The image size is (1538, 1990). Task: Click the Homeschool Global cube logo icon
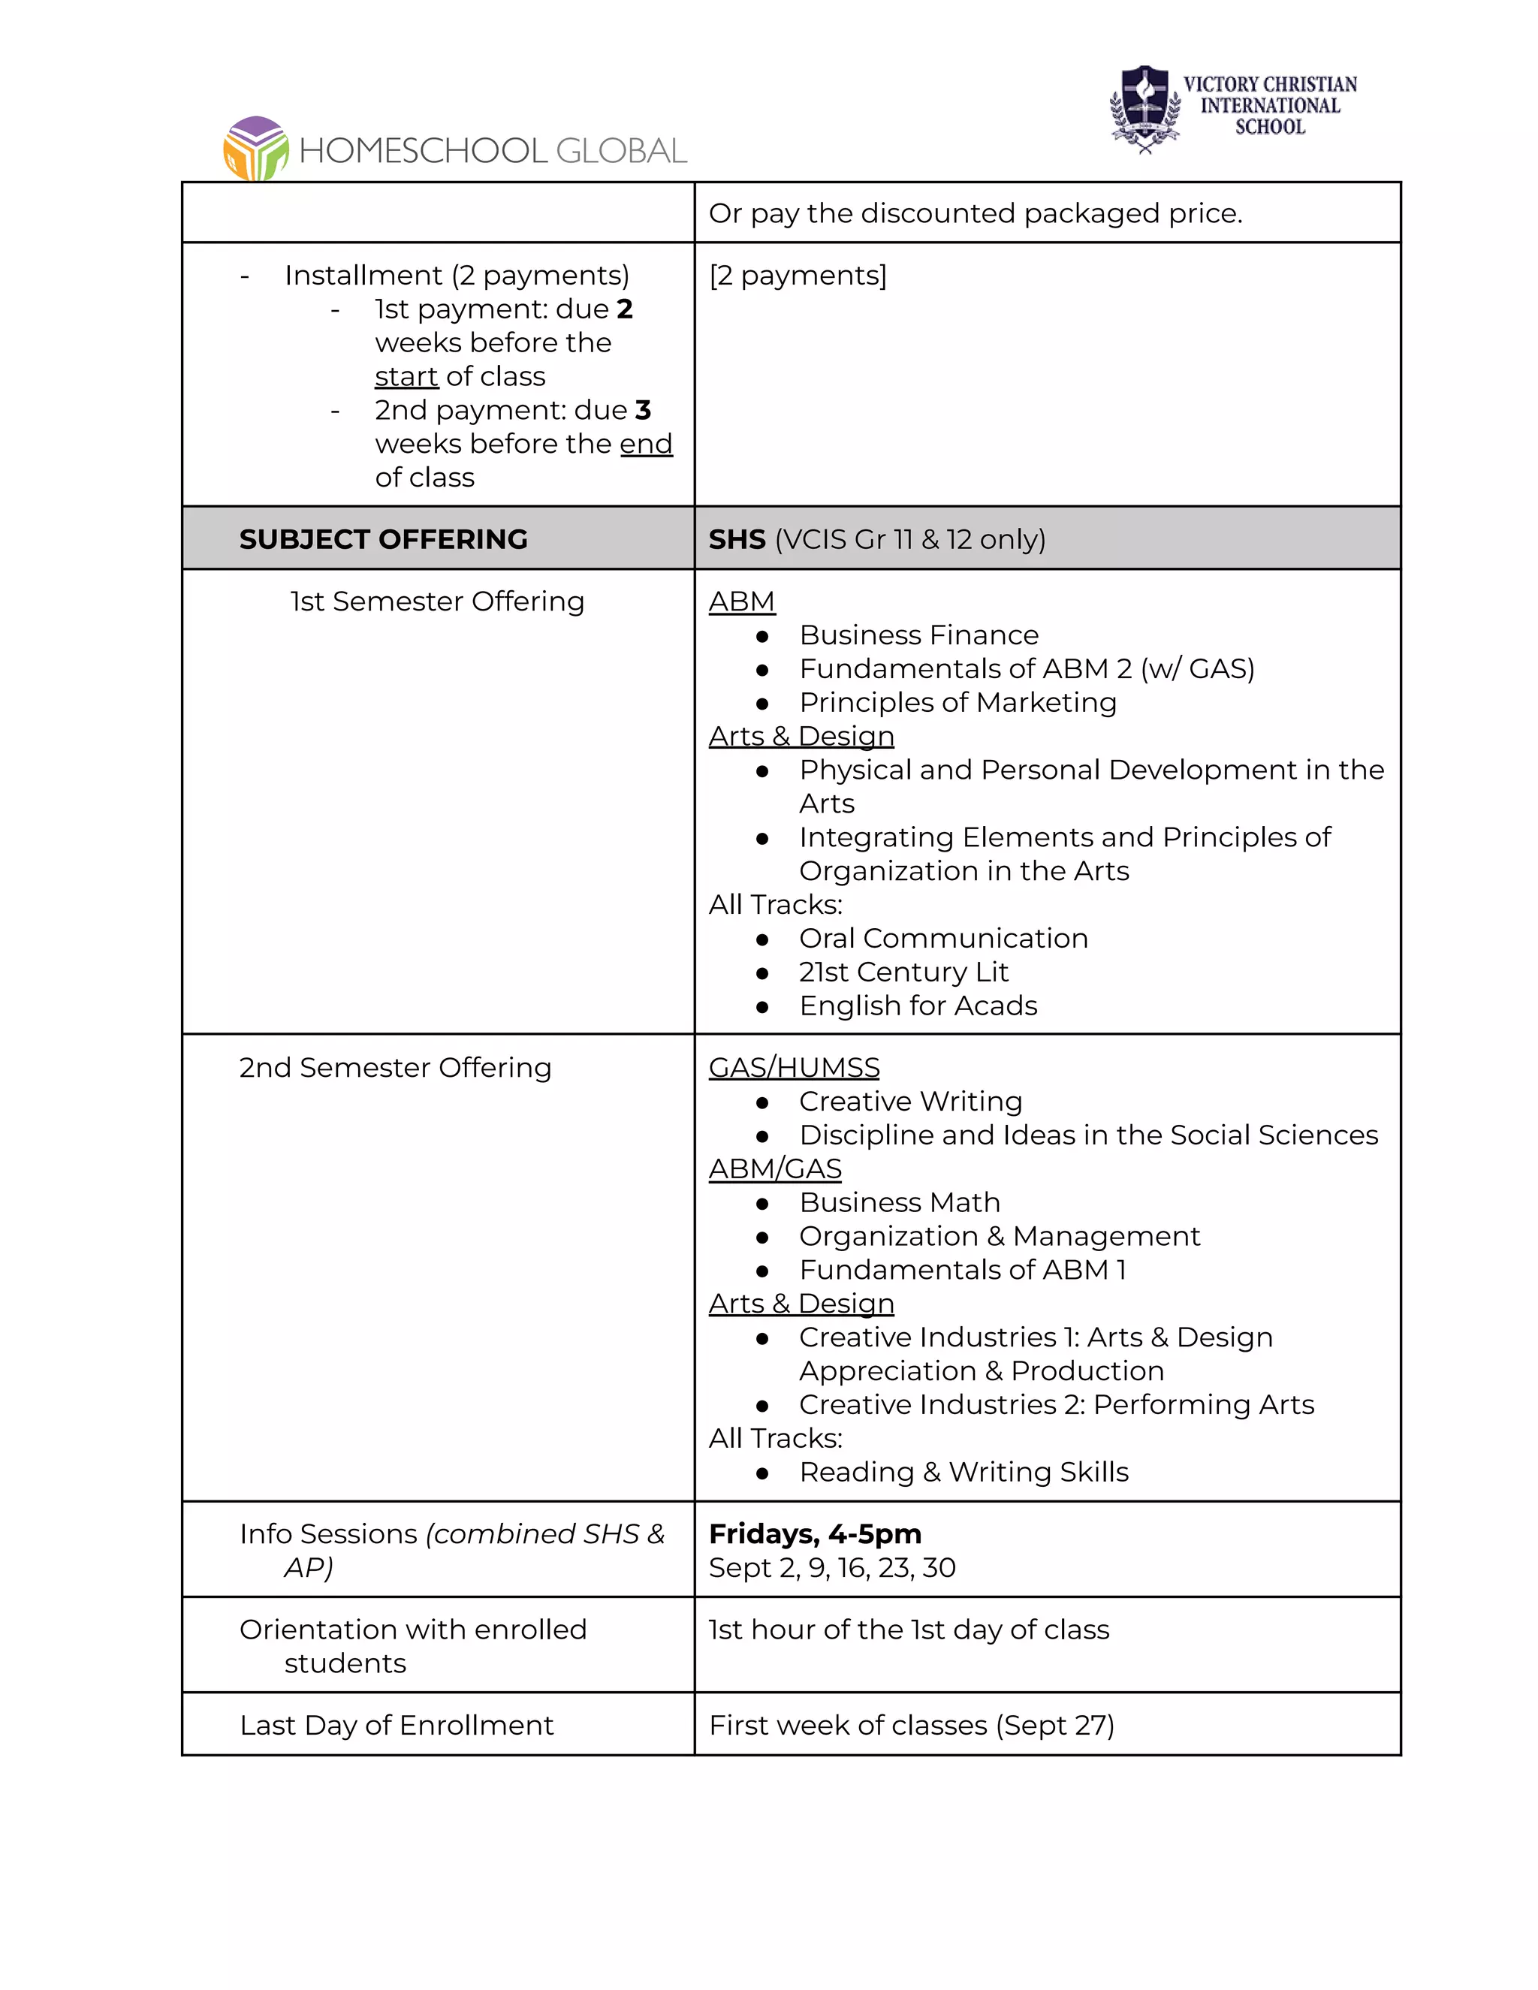[x=256, y=149]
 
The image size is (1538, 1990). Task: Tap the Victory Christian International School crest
[x=1145, y=108]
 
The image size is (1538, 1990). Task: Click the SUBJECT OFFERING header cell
[x=383, y=539]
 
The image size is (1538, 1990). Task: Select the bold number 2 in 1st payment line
[x=624, y=309]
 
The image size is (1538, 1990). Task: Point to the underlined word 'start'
[x=406, y=376]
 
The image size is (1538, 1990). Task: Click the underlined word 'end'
[x=646, y=444]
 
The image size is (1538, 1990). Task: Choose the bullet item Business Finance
[x=918, y=635]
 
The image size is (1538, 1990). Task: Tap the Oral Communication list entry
[x=943, y=939]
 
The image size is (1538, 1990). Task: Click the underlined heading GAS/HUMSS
[x=794, y=1068]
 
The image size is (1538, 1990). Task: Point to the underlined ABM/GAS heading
[x=774, y=1169]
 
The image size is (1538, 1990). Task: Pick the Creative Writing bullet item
[x=910, y=1102]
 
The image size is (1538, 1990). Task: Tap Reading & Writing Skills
[x=963, y=1473]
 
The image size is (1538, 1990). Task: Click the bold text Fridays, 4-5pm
[x=815, y=1534]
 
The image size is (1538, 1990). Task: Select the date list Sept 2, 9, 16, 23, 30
[x=832, y=1568]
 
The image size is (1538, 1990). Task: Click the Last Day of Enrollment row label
[x=397, y=1726]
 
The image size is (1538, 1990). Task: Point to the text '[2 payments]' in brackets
[x=798, y=275]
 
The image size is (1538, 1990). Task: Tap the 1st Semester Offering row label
[x=437, y=602]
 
